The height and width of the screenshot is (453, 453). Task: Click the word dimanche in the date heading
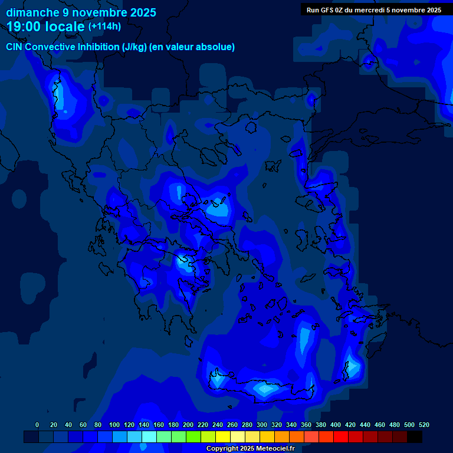(x=32, y=12)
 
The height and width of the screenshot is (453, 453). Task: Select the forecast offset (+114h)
(x=104, y=27)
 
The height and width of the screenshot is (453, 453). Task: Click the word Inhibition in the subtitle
(x=98, y=47)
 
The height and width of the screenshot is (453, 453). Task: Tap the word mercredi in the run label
(x=369, y=10)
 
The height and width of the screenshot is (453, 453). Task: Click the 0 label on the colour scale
(x=38, y=425)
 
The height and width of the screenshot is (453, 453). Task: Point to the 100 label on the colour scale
(x=114, y=425)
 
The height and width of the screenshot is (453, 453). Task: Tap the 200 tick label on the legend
(x=188, y=425)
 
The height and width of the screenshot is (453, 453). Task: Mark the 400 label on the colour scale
(x=336, y=425)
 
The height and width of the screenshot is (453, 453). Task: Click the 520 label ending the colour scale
(x=424, y=425)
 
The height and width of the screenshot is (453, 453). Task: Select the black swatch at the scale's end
(x=415, y=436)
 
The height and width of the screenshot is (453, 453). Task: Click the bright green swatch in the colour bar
(x=193, y=436)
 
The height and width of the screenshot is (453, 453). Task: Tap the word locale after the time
(x=65, y=26)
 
